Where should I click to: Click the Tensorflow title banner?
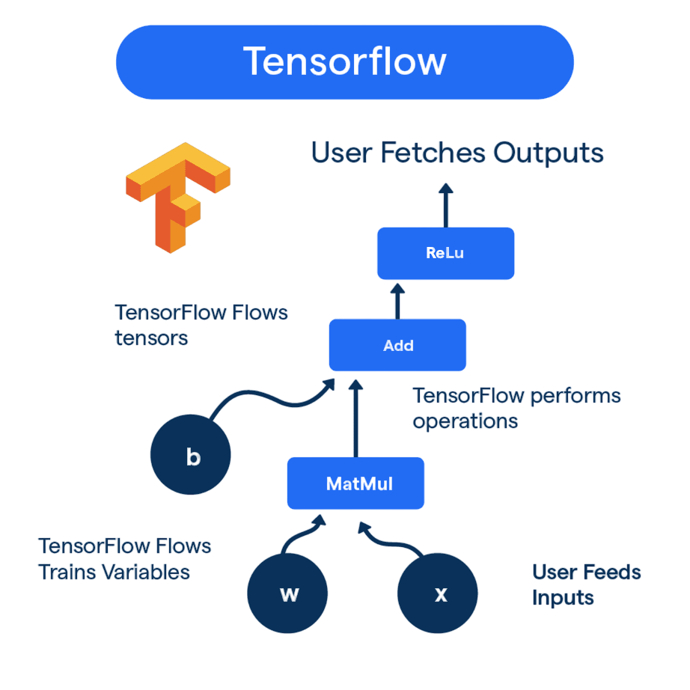coord(344,62)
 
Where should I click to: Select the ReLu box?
coord(445,253)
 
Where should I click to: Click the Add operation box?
coord(397,345)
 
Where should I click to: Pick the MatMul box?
coord(356,483)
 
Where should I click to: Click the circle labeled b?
coord(191,457)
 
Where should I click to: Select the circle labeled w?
coord(288,594)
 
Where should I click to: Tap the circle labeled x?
coord(438,594)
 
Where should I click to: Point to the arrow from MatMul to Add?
coord(356,419)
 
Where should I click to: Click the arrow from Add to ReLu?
coord(397,301)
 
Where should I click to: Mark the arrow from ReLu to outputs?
coord(446,206)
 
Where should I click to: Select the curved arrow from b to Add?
coord(269,398)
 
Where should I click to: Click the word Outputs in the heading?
coord(549,153)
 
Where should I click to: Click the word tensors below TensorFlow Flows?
coord(151,338)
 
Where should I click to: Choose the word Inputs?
coord(563,598)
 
